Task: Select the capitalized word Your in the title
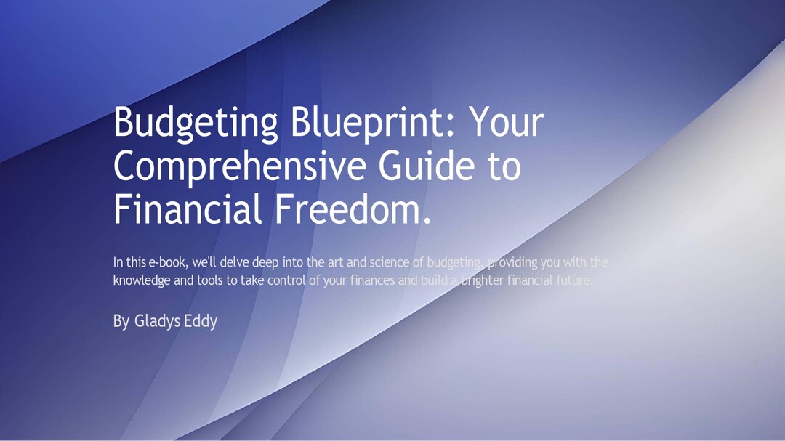507,124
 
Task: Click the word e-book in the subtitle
168,262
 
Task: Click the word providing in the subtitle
512,262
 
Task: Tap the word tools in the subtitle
209,280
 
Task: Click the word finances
372,280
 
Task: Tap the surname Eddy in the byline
200,320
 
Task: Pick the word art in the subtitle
334,262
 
